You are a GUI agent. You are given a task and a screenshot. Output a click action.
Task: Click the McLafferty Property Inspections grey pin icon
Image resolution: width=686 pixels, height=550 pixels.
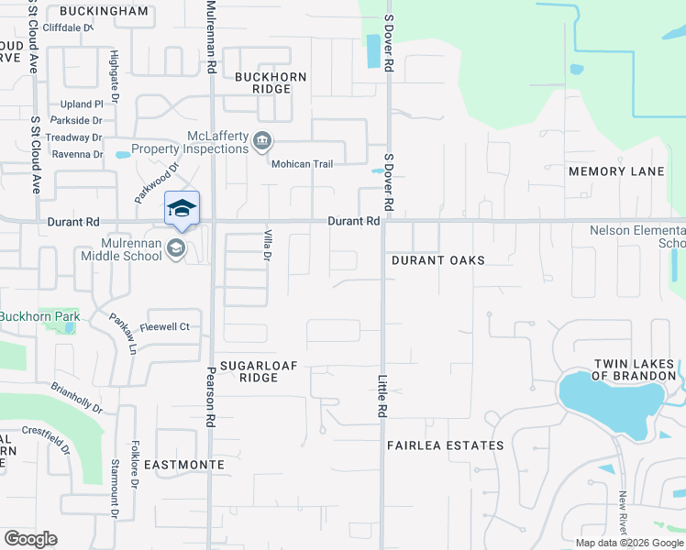tap(263, 140)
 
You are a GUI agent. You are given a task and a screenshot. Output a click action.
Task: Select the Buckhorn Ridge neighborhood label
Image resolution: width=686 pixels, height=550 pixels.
tap(263, 83)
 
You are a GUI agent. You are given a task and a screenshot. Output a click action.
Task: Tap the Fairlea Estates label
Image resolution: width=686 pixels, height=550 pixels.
tap(445, 445)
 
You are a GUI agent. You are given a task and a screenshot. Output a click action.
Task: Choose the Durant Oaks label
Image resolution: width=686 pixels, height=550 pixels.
tap(438, 260)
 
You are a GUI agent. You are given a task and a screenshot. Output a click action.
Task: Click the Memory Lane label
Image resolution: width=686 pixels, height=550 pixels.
tap(616, 171)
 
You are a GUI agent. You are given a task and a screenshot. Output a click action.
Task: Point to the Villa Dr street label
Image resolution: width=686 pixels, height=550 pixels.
tap(268, 244)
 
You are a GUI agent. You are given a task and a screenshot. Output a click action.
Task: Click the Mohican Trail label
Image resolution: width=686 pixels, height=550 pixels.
tap(302, 163)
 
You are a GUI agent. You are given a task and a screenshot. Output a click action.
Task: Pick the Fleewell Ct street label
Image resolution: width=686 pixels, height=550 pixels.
tap(164, 326)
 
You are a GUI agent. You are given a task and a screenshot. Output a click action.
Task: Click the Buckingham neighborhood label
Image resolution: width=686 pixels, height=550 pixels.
tap(104, 11)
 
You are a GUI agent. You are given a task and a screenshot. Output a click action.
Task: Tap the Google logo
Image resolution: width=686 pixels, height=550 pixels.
tap(30, 538)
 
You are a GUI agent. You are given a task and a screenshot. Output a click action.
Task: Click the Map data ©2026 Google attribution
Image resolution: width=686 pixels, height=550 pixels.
tap(628, 543)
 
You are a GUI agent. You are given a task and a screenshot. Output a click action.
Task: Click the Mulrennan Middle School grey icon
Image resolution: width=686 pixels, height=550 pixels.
tap(177, 248)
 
